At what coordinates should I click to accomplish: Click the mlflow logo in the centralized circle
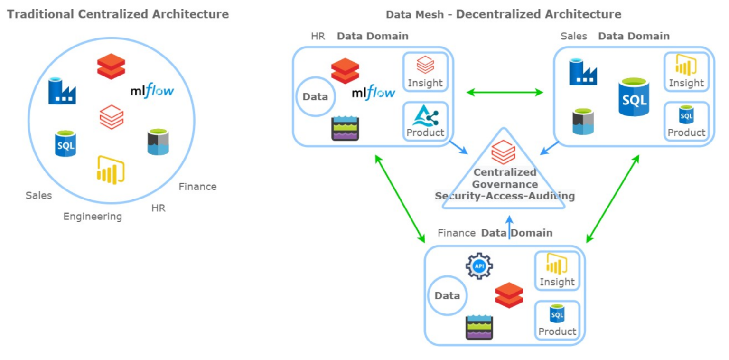152,90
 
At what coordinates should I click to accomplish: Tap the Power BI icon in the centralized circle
110,169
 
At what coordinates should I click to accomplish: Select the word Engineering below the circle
93,217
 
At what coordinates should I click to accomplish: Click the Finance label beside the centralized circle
197,187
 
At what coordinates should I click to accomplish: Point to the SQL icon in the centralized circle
65,144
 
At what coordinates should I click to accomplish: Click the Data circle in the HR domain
315,97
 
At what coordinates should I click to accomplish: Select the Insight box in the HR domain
425,72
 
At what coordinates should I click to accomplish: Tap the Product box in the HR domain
425,121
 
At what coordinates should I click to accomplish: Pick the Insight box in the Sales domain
686,72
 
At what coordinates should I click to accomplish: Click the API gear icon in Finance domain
479,266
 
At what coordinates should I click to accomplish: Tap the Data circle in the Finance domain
447,296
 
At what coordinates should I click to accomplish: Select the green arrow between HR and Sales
504,92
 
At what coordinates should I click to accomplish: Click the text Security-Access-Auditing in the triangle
505,196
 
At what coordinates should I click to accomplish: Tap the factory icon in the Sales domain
583,72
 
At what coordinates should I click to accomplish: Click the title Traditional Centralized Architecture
118,14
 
